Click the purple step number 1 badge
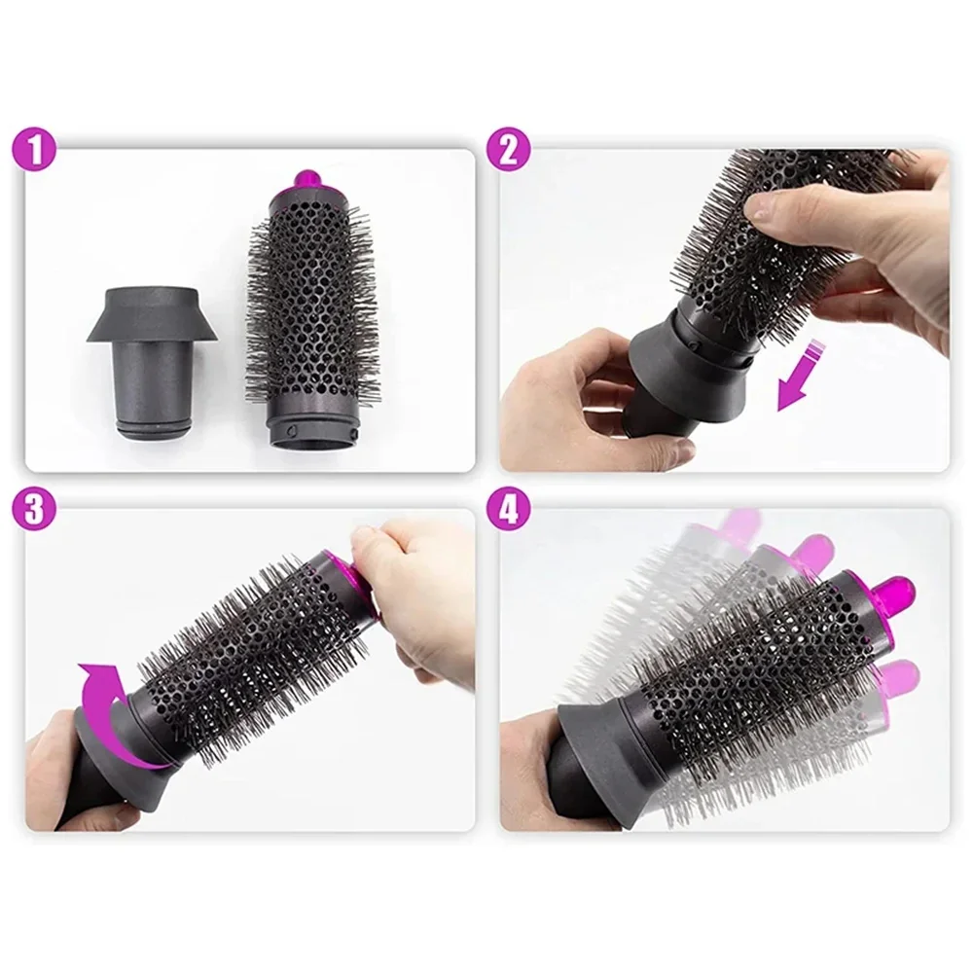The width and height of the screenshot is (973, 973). coord(34,150)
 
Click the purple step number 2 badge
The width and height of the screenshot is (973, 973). coord(509,150)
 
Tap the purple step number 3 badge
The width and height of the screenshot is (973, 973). coord(34,511)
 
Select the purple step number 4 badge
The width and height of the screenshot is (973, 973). coord(509,511)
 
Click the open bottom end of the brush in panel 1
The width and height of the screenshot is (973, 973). coord(314,433)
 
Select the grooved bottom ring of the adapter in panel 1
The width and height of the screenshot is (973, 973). coord(152,429)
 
